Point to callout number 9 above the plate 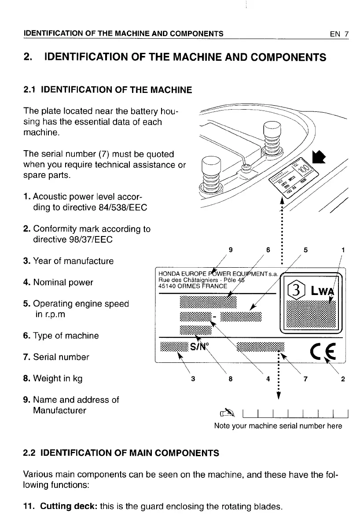[x=231, y=251]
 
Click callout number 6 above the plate [x=268, y=251]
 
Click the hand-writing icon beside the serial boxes [x=226, y=413]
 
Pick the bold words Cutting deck [x=68, y=506]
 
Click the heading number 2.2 [x=30, y=453]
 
